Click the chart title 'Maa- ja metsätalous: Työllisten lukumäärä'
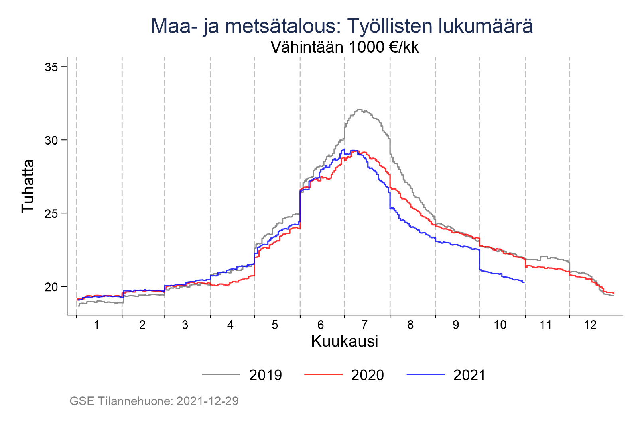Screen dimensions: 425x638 [x=342, y=26]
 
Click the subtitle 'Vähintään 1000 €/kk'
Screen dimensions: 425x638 [x=345, y=47]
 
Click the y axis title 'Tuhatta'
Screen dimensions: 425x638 [x=28, y=186]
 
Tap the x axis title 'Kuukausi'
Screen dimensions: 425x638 [x=345, y=341]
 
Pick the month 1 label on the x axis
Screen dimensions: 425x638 [x=96, y=325]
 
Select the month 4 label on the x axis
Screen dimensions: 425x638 [x=230, y=325]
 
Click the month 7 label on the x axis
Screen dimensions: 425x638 [x=364, y=325]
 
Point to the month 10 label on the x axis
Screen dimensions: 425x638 [x=500, y=325]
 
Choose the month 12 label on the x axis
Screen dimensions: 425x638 [x=590, y=325]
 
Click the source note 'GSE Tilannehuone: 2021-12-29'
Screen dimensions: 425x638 [x=154, y=401]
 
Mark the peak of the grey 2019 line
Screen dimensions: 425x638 [x=360, y=110]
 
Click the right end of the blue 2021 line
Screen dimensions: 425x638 [x=524, y=282]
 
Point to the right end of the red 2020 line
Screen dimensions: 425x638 [x=614, y=293]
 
